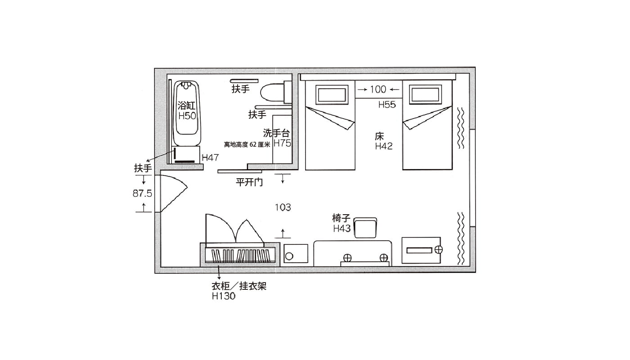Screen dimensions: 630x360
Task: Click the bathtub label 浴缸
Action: pos(186,106)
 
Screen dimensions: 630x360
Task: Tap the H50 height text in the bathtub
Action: pos(187,116)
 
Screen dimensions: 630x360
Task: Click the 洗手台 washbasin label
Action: pos(276,133)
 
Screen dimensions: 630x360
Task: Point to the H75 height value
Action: pos(282,144)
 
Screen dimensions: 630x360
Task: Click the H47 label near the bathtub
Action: pos(210,157)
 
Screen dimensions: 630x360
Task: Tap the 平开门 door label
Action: pos(249,182)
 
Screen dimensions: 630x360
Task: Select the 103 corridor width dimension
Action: pos(283,207)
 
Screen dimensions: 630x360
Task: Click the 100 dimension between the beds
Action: pos(378,89)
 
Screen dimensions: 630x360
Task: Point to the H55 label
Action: pos(387,105)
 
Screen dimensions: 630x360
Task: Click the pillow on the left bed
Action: pos(332,95)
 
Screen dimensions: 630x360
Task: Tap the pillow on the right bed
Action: pos(426,94)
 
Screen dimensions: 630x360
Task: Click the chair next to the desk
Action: pos(365,228)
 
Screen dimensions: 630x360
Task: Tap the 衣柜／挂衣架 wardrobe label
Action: pos(239,286)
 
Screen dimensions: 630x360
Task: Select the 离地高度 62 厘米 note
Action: pos(247,144)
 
